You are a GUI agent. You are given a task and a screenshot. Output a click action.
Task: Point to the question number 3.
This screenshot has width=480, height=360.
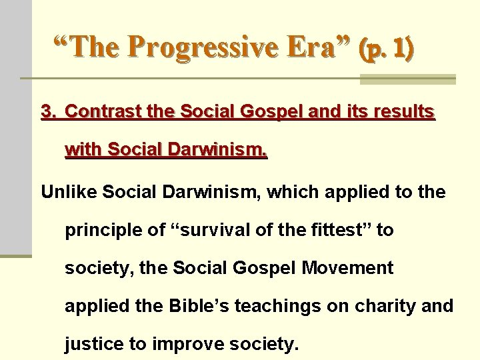click(x=47, y=113)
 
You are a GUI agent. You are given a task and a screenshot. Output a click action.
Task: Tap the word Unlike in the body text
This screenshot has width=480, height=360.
click(x=64, y=193)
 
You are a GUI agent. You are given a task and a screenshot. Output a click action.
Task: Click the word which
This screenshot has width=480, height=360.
click(x=291, y=193)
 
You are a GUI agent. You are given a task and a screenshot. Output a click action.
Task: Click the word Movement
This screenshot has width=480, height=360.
click(x=348, y=269)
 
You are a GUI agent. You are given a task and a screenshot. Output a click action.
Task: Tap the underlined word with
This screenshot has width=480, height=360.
click(x=82, y=151)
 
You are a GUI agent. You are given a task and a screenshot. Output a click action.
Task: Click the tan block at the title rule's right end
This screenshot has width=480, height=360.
click(x=407, y=79)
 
